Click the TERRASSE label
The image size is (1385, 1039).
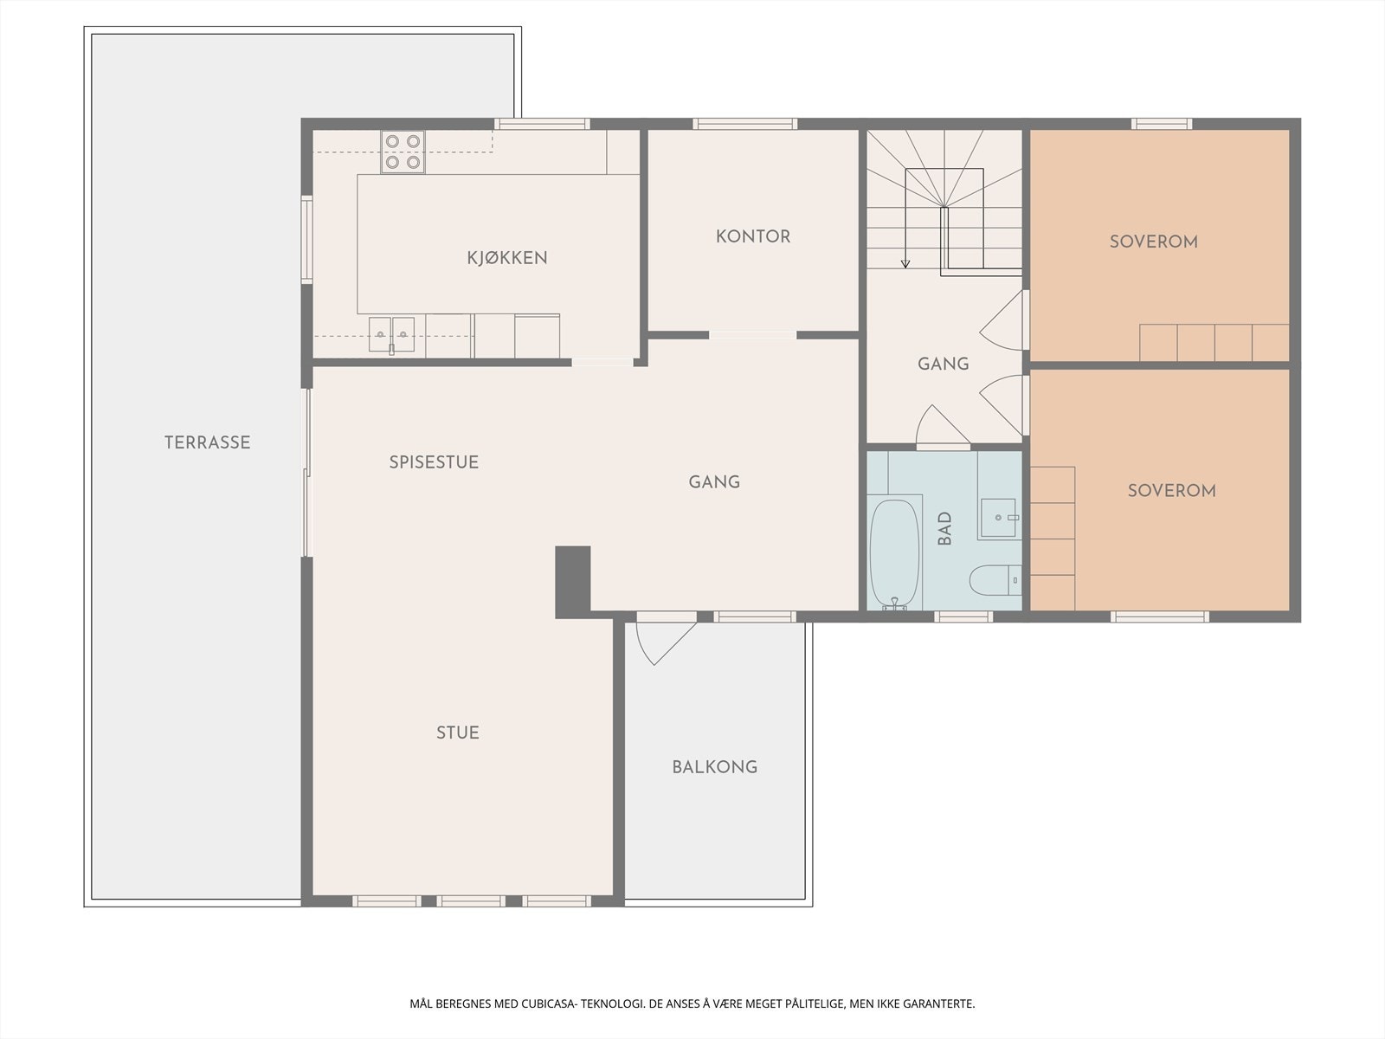tap(208, 442)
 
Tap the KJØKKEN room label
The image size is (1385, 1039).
tap(507, 257)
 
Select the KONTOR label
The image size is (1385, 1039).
tap(753, 236)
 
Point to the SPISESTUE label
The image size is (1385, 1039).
tap(435, 462)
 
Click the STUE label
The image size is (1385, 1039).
tap(458, 732)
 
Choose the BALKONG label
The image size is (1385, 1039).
tap(715, 767)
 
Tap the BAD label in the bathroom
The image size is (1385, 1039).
tap(944, 528)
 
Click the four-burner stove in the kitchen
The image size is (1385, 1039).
tap(403, 152)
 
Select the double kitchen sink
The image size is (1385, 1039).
tap(392, 335)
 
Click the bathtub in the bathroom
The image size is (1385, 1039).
tap(894, 554)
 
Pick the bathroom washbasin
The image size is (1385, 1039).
tap(999, 518)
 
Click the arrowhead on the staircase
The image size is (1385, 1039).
tap(905, 264)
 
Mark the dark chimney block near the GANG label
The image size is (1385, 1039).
tap(573, 582)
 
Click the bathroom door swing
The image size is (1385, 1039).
tap(942, 426)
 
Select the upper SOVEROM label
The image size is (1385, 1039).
tap(1154, 242)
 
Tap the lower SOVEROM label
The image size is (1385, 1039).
tap(1172, 491)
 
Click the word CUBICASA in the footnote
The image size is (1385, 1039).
tap(549, 1004)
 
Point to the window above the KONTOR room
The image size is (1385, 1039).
tap(745, 124)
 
